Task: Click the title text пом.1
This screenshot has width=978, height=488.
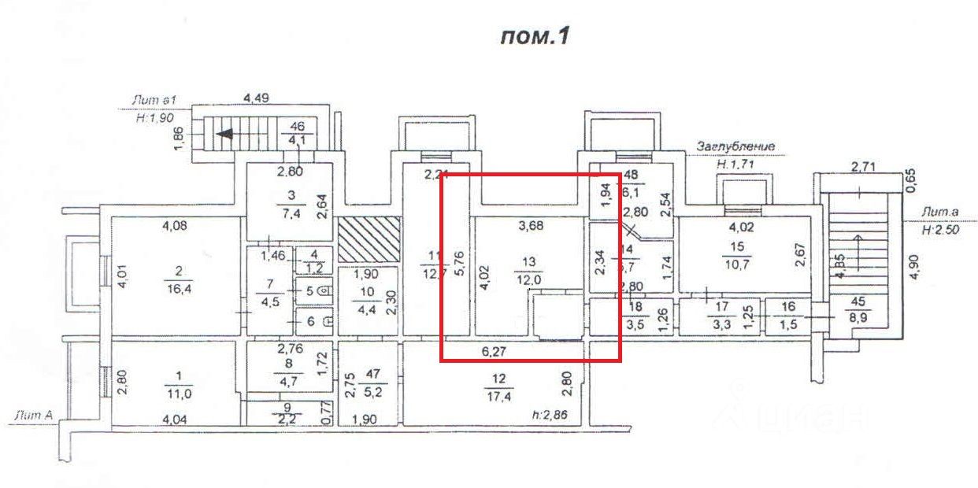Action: point(534,37)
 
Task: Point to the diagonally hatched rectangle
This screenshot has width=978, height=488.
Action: point(369,240)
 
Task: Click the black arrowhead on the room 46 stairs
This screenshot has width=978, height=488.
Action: point(224,134)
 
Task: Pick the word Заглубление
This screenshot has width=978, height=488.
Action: point(735,146)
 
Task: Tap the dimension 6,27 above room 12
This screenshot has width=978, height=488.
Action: point(495,353)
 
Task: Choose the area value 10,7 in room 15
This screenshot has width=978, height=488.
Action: point(740,262)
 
